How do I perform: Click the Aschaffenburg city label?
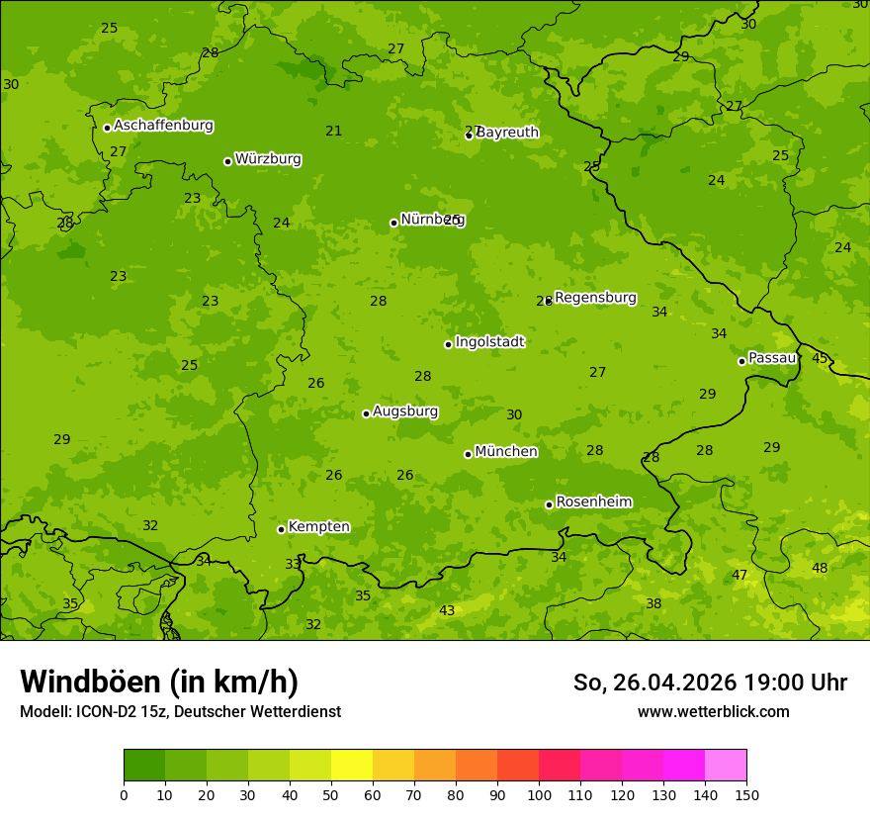(163, 126)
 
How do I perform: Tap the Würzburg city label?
(268, 159)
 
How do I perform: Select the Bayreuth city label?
(507, 133)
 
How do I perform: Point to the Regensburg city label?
(595, 298)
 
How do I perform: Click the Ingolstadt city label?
(489, 342)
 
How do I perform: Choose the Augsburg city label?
(405, 411)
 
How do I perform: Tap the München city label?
(506, 452)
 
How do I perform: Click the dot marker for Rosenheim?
(549, 504)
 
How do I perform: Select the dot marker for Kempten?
(281, 529)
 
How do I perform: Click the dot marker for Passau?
(741, 361)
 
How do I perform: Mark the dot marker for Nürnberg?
(393, 223)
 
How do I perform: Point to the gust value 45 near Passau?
(820, 358)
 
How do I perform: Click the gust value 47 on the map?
(739, 575)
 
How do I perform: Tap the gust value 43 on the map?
(447, 610)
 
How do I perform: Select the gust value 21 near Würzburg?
(334, 132)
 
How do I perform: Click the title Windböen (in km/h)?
(159, 682)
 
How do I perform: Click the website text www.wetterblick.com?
(713, 711)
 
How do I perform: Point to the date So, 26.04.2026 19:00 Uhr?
(710, 683)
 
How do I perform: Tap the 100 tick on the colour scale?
(539, 794)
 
